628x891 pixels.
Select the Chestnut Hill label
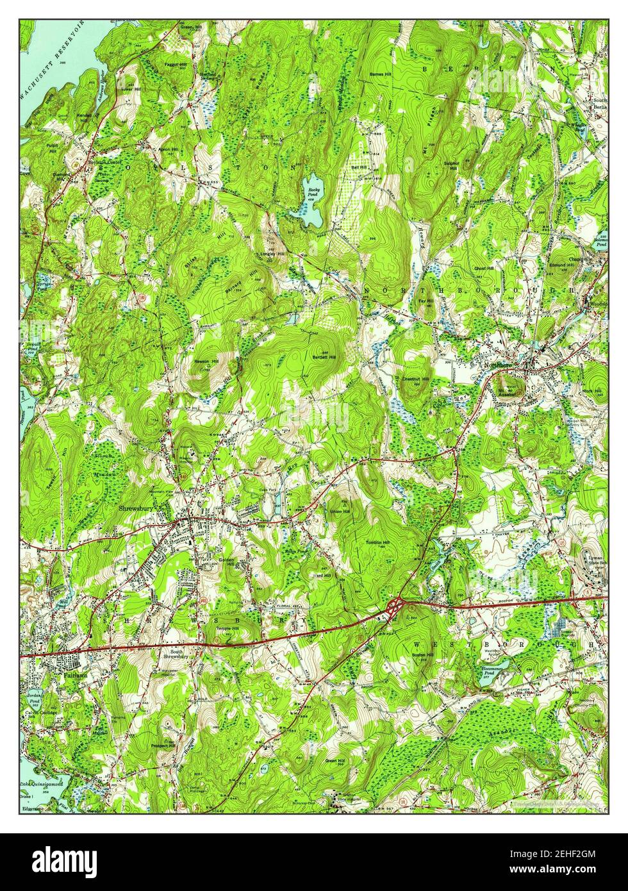415,380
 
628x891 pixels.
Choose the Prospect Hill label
163,746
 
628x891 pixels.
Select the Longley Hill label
273,253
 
